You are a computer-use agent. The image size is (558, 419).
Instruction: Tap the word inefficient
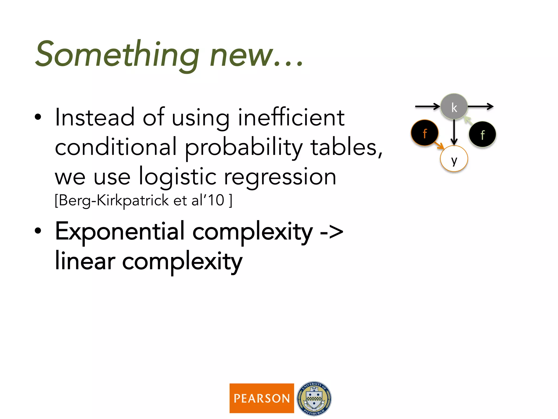[291, 118]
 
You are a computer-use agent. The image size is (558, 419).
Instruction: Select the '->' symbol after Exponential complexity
[331, 232]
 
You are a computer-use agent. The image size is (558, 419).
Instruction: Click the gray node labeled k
[454, 107]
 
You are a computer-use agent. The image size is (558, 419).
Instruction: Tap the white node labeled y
[454, 159]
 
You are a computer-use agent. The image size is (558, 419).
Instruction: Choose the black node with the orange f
[424, 133]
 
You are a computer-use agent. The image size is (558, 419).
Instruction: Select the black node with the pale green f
[482, 134]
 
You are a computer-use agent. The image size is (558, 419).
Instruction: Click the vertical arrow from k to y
[454, 132]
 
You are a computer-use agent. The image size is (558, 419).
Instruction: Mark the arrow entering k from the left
[427, 106]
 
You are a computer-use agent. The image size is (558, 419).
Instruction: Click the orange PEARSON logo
[262, 398]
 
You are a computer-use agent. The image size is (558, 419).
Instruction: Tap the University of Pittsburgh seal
[314, 398]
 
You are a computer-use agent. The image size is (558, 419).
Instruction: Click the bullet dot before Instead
[38, 117]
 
